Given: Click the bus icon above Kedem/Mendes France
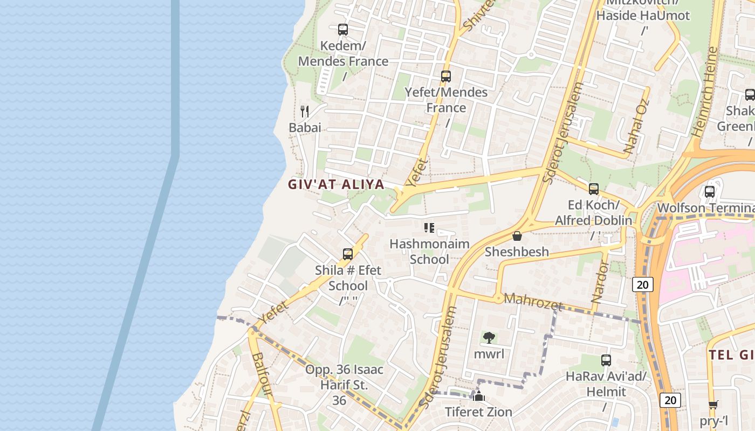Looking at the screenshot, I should click(343, 30).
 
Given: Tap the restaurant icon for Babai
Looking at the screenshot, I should click(305, 112).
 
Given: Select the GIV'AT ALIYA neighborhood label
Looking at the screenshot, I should click(336, 185).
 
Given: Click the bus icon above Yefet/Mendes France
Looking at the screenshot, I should click(445, 77).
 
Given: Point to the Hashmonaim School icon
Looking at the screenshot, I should click(429, 228).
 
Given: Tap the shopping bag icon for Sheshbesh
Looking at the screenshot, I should click(517, 236).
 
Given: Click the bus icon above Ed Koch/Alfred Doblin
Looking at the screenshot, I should click(594, 189).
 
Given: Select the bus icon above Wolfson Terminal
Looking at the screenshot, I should click(710, 192).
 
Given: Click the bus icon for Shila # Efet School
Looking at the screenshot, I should click(348, 254).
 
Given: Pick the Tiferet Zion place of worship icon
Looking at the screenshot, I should click(479, 397).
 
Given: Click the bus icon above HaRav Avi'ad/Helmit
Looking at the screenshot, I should click(606, 360).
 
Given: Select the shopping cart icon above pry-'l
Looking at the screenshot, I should click(713, 405).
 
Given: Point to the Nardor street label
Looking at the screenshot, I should click(600, 281).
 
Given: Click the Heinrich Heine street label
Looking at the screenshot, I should click(704, 92).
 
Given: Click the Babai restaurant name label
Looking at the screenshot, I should click(305, 128).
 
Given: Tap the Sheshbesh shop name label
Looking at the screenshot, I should click(517, 252).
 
